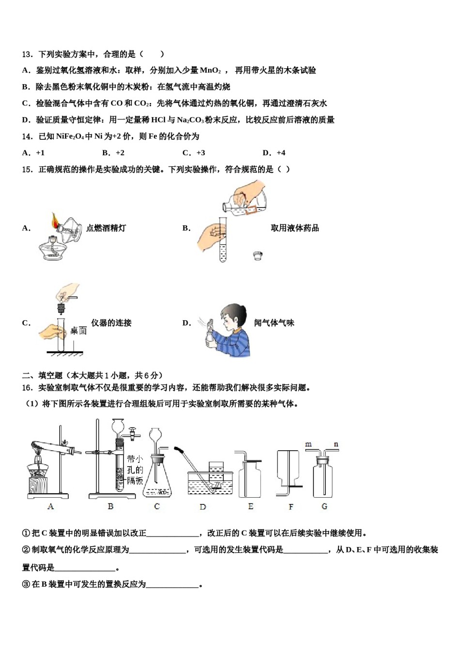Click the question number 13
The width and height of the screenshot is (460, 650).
pyautogui.click(x=27, y=54)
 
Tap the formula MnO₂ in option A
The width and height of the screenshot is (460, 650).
pyautogui.click(x=210, y=71)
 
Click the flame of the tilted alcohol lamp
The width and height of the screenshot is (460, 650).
pyautogui.click(x=54, y=221)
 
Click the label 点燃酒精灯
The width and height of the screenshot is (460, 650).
pyautogui.click(x=106, y=228)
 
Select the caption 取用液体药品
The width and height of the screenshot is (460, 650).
pyautogui.click(x=294, y=228)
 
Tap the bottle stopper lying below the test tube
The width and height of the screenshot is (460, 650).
pyautogui.click(x=258, y=256)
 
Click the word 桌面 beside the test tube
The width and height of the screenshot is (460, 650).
pyautogui.click(x=78, y=331)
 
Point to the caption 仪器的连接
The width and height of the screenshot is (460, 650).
pyautogui.click(x=111, y=323)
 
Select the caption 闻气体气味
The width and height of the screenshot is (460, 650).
pyautogui.click(x=274, y=323)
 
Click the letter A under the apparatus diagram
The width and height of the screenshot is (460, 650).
pyautogui.click(x=50, y=506)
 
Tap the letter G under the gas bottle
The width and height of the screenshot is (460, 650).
pyautogui.click(x=324, y=506)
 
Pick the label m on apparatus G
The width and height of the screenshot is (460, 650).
pyautogui.click(x=308, y=444)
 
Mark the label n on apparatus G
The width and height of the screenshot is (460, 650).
pyautogui.click(x=336, y=444)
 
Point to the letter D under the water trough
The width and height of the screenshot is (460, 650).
pyautogui.click(x=202, y=507)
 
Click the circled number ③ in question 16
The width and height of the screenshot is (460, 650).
pyautogui.click(x=26, y=584)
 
